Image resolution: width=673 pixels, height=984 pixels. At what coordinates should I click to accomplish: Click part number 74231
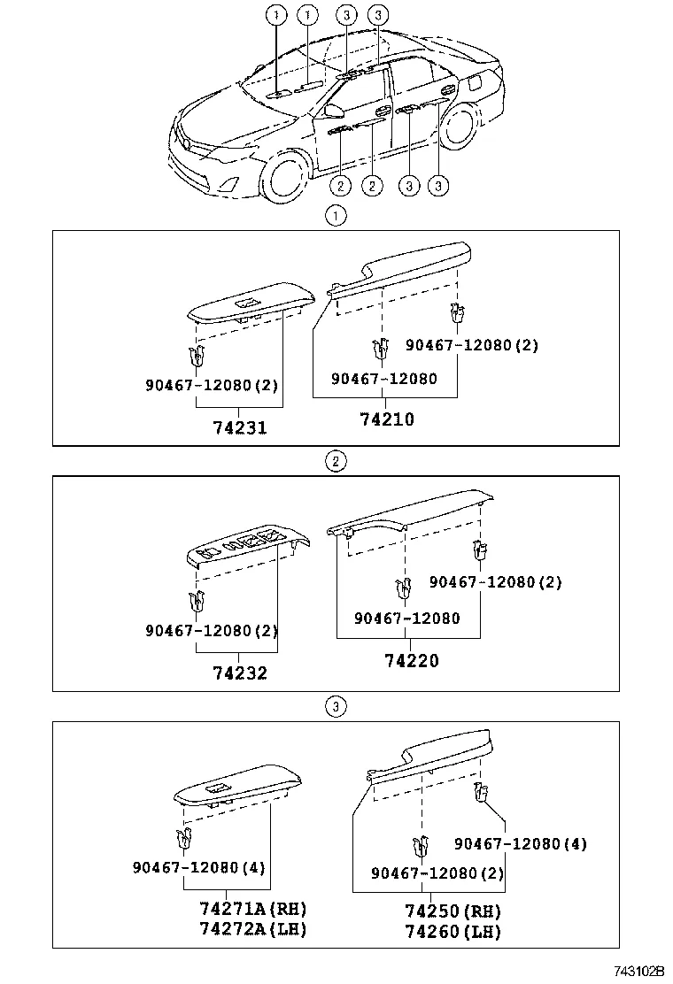[240, 427]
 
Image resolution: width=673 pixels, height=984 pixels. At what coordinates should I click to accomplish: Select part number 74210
[387, 419]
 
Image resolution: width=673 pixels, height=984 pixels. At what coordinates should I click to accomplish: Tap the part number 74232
[240, 673]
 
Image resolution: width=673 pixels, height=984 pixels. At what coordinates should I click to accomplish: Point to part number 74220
[411, 660]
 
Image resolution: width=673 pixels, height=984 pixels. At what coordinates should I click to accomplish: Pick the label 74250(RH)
[453, 911]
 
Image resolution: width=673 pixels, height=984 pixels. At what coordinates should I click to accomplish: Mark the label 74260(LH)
[453, 931]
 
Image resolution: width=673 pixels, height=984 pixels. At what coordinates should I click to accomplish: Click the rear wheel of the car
[459, 125]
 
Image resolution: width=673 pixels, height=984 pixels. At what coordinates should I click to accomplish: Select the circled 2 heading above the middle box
[335, 460]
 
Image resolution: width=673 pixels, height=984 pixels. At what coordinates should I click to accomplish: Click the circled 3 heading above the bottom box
[335, 706]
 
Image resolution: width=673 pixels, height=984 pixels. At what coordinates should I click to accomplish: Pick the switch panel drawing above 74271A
[237, 787]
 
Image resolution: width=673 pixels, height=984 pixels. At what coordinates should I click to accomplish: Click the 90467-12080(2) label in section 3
[437, 873]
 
